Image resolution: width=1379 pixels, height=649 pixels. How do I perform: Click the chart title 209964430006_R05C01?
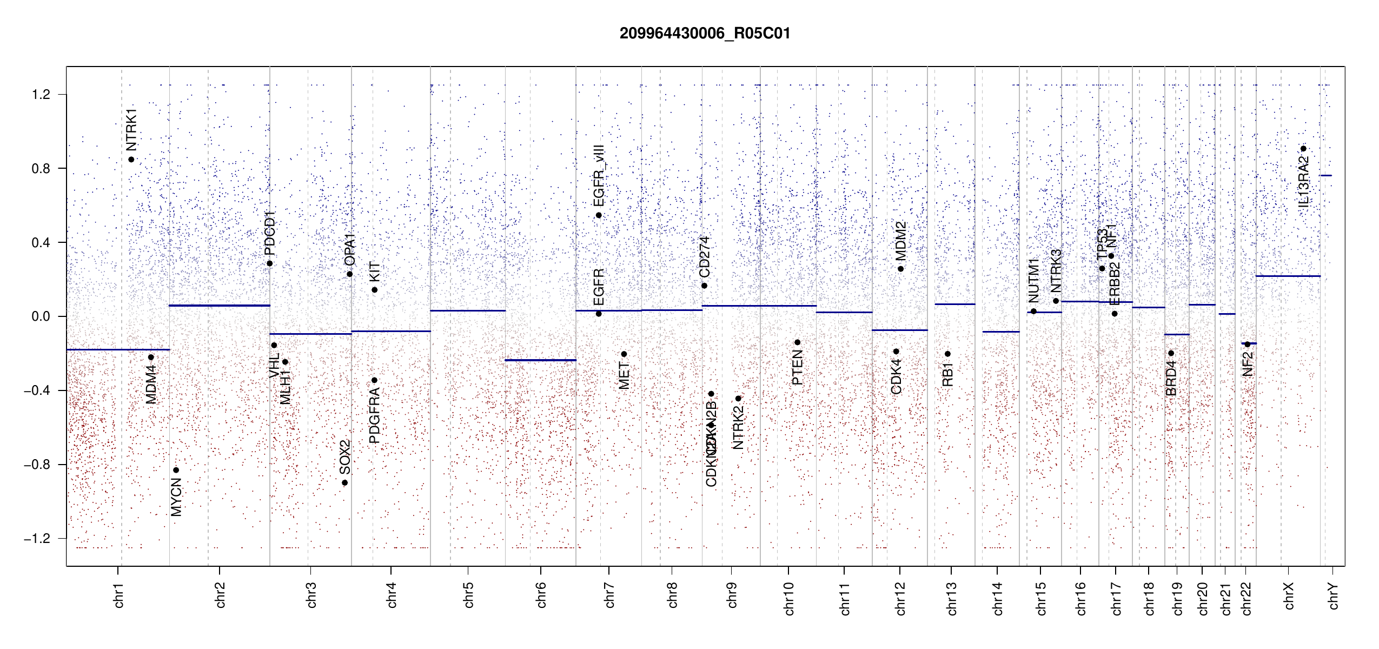pos(705,34)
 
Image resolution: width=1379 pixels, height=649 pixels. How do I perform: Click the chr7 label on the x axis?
pos(609,595)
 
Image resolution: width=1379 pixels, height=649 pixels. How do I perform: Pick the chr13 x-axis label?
pos(951,598)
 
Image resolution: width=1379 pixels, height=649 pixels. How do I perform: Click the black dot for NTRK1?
pos(131,160)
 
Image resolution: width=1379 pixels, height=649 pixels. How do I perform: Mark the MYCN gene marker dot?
pos(176,470)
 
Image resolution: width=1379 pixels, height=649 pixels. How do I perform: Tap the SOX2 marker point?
pos(345,483)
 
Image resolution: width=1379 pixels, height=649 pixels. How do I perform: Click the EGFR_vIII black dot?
pos(599,215)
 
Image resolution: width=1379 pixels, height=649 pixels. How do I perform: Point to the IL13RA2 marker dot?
pos(1303,149)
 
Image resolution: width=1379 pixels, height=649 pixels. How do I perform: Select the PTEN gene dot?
pos(797,342)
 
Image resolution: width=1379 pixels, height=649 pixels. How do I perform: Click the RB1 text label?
pos(947,374)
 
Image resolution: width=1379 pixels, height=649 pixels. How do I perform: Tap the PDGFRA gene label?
pos(374,416)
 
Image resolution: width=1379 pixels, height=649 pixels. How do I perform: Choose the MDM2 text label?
pos(900,241)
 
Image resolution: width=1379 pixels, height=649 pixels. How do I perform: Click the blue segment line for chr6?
pos(540,360)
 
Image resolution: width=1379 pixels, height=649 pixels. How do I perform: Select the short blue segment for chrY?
pos(1325,175)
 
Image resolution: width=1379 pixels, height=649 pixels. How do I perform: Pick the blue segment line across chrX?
pos(1288,276)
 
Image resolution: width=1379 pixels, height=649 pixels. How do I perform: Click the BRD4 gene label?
pos(1171,379)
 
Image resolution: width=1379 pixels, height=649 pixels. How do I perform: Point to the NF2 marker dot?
pos(1248,344)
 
